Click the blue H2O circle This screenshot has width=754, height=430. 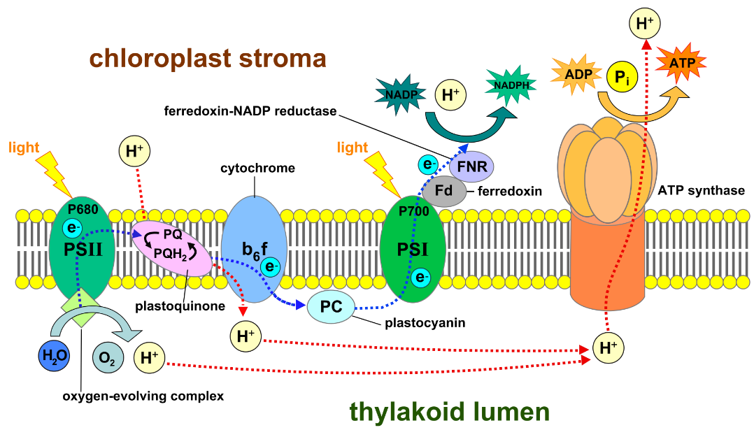(x=54, y=355)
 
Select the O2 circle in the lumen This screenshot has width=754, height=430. (x=108, y=359)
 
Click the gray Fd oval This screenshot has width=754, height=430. (x=444, y=191)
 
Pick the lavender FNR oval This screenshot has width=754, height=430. (x=471, y=167)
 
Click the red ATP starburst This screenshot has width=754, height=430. (x=681, y=64)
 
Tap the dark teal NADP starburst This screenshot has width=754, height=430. (x=400, y=93)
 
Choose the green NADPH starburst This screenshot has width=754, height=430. (x=511, y=85)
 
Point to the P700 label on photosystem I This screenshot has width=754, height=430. (x=412, y=210)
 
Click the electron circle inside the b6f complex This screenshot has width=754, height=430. (x=269, y=266)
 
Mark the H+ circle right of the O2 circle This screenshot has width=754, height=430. (x=149, y=359)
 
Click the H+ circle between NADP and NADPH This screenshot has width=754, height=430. (x=450, y=96)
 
